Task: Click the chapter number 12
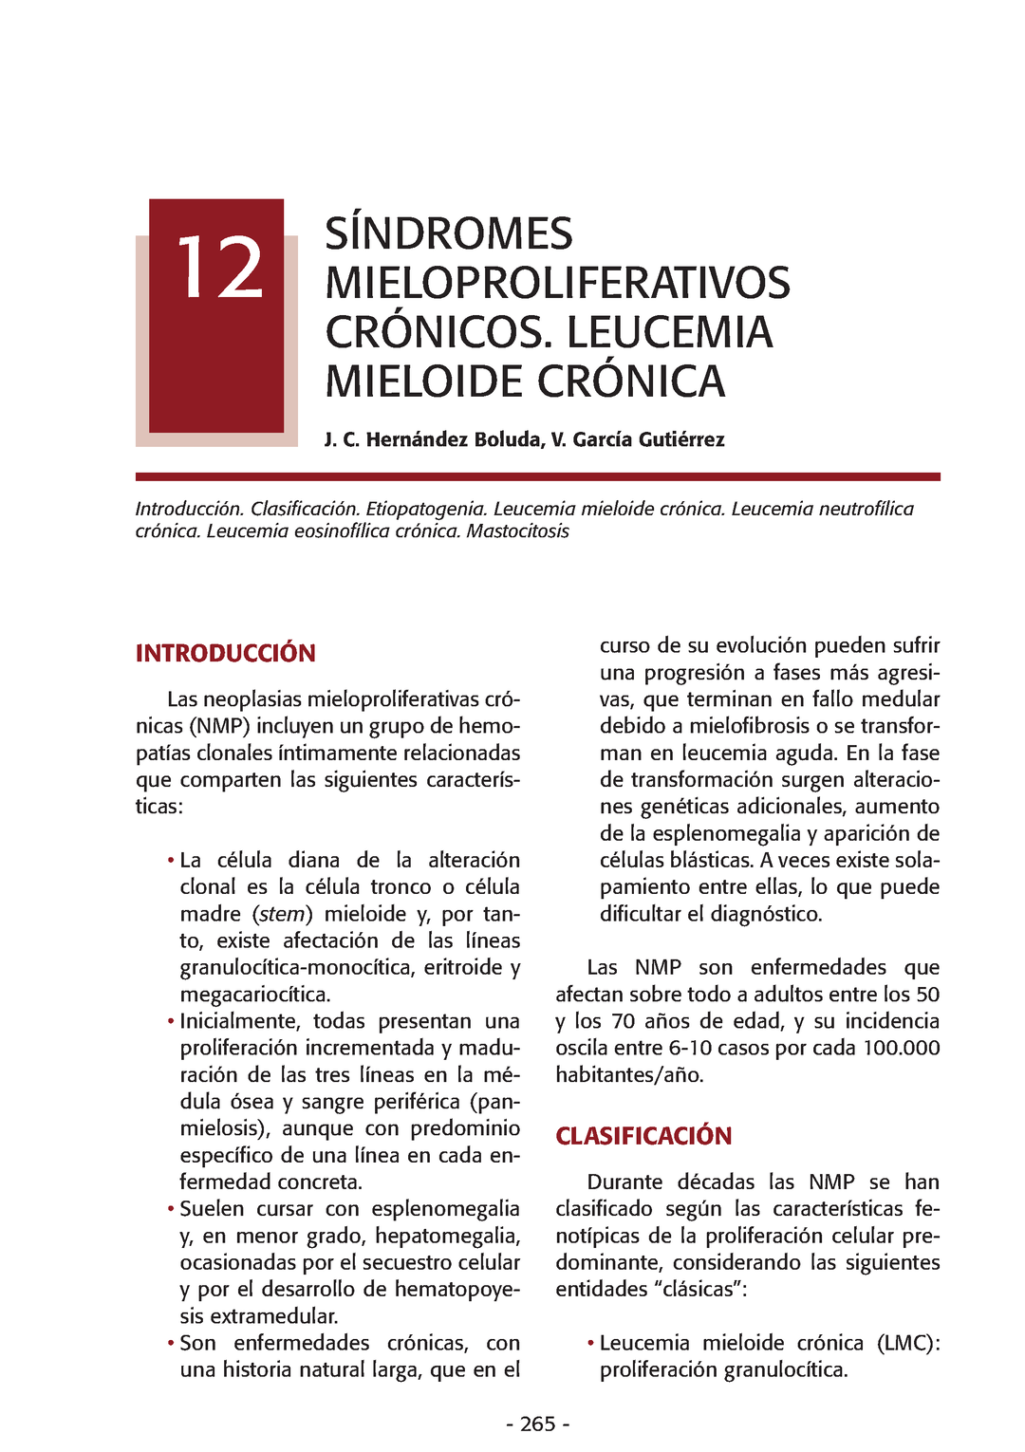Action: [x=219, y=269]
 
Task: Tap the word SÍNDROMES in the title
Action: [x=448, y=234]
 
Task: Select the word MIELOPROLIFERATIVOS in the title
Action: [x=557, y=284]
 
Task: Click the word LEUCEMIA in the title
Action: [x=669, y=333]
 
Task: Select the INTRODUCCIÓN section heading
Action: [x=225, y=653]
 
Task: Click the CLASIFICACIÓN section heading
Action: [x=643, y=1136]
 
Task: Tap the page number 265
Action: [x=537, y=1424]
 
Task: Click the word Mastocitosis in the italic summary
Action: [x=517, y=531]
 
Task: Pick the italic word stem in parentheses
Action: [x=282, y=914]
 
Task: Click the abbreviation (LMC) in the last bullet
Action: [x=907, y=1343]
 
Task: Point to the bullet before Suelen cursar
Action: [x=171, y=1209]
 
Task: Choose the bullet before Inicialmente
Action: [x=171, y=1022]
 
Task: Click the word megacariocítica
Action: [x=255, y=995]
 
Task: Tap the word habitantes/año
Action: [x=629, y=1075]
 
